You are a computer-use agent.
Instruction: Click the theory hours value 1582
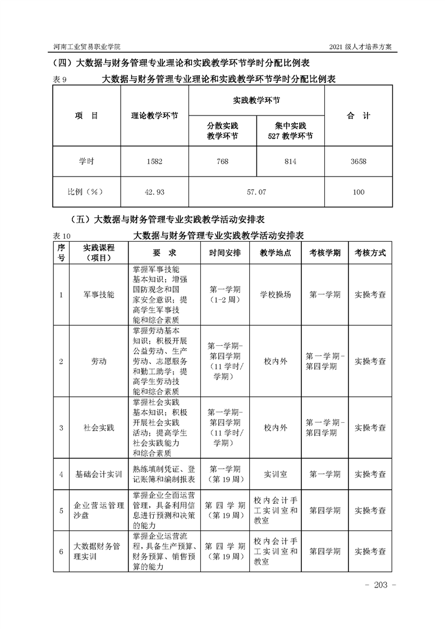(154, 161)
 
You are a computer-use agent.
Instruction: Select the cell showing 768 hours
(222, 161)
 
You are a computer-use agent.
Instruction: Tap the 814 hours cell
(290, 161)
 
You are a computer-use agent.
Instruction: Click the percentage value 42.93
(154, 192)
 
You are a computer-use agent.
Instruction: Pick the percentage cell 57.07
(256, 192)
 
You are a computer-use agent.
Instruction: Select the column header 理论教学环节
(154, 116)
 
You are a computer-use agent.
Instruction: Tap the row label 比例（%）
(86, 192)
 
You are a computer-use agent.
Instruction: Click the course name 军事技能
(99, 294)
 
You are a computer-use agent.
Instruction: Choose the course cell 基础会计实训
(99, 474)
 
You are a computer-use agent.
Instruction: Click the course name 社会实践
(99, 428)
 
